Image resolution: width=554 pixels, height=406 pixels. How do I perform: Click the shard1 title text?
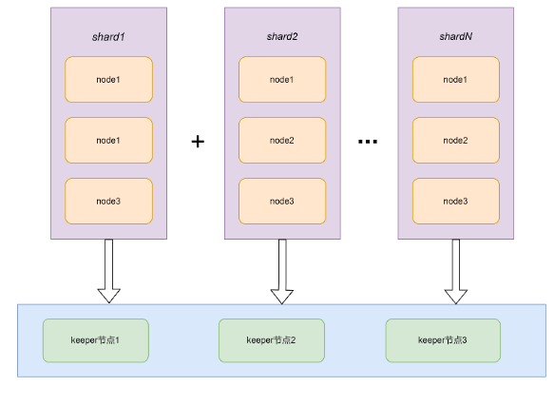click(x=108, y=37)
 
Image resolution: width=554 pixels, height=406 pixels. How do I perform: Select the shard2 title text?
click(x=282, y=36)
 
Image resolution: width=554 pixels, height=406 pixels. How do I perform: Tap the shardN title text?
click(x=456, y=36)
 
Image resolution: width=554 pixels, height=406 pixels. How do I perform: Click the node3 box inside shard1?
click(x=109, y=202)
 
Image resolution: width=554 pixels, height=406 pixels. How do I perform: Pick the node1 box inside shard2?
click(x=282, y=80)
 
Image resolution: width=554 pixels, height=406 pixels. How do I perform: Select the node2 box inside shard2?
click(x=282, y=141)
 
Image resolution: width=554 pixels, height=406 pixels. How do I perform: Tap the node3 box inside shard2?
click(x=282, y=202)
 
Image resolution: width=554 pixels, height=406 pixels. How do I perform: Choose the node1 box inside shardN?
click(x=456, y=80)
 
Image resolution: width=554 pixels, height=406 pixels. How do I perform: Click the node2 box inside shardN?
click(x=456, y=141)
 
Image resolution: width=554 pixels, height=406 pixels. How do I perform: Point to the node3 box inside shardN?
click(x=456, y=202)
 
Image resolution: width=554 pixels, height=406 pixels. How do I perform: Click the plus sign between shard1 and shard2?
click(x=198, y=142)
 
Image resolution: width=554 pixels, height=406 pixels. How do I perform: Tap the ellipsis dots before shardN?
click(x=368, y=142)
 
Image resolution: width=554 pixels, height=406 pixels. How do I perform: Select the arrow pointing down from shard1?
click(x=109, y=271)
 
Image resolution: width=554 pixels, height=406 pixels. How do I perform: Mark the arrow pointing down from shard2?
click(x=282, y=271)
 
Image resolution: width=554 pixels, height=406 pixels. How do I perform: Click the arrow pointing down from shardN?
click(x=456, y=271)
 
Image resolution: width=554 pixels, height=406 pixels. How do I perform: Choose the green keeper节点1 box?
click(x=96, y=340)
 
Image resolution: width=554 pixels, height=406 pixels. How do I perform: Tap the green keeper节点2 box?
click(x=272, y=340)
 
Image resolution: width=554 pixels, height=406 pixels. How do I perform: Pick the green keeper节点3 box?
click(x=443, y=340)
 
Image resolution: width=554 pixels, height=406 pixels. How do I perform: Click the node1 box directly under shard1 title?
click(x=109, y=80)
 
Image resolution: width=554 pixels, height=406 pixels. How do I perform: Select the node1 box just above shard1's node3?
click(x=109, y=141)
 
